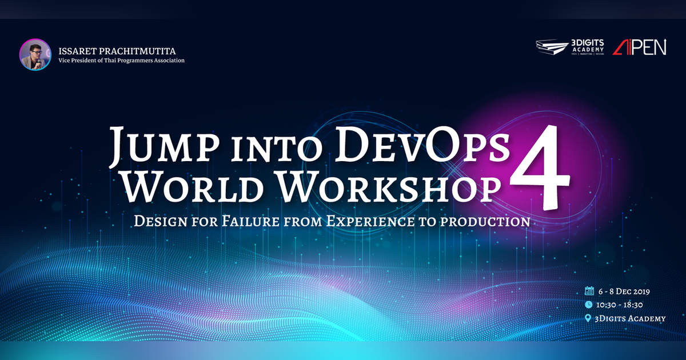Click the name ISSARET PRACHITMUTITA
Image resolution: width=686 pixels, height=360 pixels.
[x=114, y=50]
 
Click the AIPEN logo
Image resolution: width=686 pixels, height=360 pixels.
[x=639, y=47]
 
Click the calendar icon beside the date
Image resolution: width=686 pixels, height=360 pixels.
[x=588, y=291]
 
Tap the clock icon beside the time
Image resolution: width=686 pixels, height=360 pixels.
[x=588, y=305]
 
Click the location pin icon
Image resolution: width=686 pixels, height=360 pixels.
[x=588, y=318]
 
